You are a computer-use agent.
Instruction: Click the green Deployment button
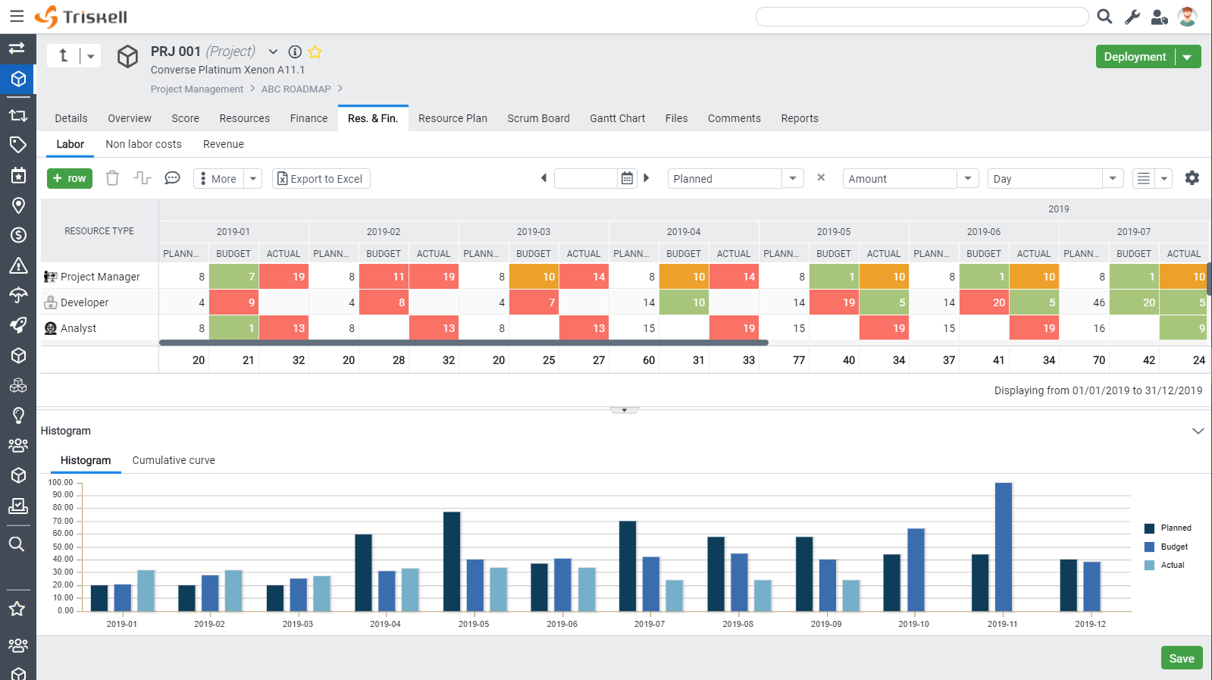click(x=1135, y=57)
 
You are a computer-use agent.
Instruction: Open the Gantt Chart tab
click(x=617, y=118)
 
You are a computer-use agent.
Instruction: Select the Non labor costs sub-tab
click(x=143, y=145)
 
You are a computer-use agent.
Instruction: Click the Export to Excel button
click(x=321, y=178)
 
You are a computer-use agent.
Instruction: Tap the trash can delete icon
click(x=112, y=178)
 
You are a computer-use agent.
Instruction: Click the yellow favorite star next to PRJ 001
click(x=315, y=52)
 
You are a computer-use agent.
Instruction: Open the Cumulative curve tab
click(x=174, y=460)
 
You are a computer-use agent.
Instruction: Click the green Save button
click(x=1182, y=658)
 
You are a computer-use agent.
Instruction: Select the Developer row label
click(x=84, y=302)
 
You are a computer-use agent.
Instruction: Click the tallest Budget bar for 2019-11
click(x=1003, y=547)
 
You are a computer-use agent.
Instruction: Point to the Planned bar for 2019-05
click(x=452, y=562)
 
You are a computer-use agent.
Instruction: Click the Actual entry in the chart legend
click(x=1172, y=565)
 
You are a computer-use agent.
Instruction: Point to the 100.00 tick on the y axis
click(x=61, y=482)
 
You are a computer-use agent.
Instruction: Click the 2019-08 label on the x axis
click(x=738, y=624)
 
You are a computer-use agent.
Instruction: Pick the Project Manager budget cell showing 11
click(x=384, y=277)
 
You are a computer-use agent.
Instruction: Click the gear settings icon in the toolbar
click(x=1192, y=178)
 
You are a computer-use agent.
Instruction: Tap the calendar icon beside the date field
click(x=627, y=178)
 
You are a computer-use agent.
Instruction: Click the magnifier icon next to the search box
click(x=1104, y=17)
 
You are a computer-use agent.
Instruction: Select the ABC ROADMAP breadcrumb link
click(x=296, y=89)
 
